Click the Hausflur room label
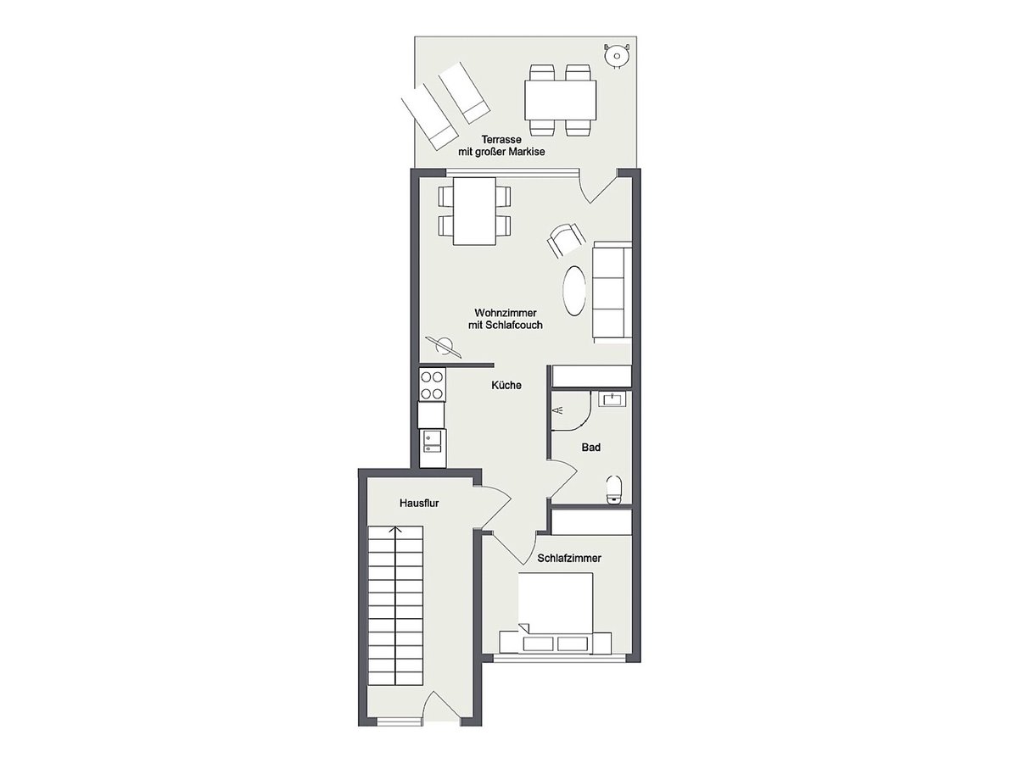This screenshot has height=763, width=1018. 419,503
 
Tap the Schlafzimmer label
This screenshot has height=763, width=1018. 569,558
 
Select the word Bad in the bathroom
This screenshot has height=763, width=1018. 590,447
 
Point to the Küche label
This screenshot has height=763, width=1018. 506,385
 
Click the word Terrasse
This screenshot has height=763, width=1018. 501,139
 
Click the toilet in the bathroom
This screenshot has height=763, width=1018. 615,490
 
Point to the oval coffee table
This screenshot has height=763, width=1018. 574,291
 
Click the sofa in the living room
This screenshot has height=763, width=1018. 612,292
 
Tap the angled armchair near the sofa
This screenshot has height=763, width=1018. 564,240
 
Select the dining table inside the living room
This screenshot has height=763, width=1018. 474,211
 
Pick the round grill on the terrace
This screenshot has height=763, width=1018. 617,57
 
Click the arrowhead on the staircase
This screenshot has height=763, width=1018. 395,531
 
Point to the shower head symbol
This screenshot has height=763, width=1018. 558,410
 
